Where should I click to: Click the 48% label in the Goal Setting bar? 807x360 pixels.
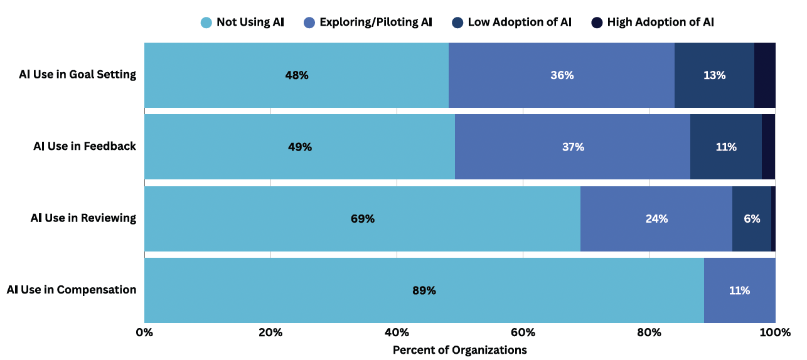(296, 75)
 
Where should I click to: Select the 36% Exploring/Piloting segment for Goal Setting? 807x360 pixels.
(562, 75)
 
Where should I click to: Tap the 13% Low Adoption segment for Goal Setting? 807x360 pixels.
(714, 75)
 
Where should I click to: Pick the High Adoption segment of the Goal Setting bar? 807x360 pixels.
(764, 75)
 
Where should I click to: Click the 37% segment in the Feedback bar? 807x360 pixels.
(572, 147)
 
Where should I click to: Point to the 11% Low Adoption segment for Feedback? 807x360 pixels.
(726, 147)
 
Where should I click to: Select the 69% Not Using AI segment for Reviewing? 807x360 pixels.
(362, 219)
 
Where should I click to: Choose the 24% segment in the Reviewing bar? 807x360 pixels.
(656, 219)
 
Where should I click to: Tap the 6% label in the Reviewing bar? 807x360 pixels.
(752, 219)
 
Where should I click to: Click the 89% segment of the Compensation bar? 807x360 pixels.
(424, 290)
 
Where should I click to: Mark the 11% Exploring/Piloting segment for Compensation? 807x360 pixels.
(739, 290)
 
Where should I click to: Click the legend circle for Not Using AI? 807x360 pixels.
(206, 23)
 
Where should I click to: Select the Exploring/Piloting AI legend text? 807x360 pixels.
(376, 23)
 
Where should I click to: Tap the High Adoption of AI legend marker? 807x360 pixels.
(596, 23)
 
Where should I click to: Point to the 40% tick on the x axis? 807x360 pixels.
(397, 332)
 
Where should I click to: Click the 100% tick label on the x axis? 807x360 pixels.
(775, 332)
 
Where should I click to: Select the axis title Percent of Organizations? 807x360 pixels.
(459, 350)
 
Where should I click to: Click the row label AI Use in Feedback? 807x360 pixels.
(85, 146)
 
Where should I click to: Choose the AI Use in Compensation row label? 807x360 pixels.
(72, 290)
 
